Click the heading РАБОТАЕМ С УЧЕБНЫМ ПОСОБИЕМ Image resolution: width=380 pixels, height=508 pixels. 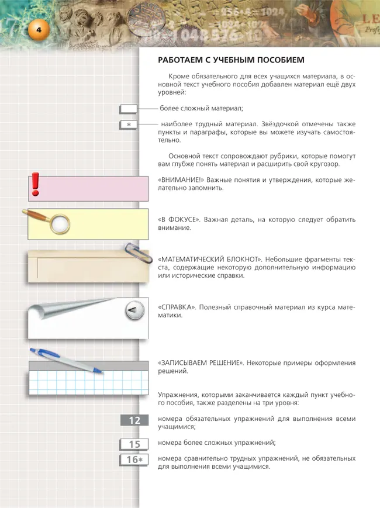point(232,60)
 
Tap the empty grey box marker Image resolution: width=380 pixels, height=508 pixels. point(128,109)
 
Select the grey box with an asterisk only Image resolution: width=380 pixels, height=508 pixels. point(128,125)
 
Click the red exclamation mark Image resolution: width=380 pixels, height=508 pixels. point(36,184)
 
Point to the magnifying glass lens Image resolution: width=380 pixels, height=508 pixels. point(60,223)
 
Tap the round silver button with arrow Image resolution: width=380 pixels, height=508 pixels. point(134,310)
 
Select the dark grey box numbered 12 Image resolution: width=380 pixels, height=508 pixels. point(134,420)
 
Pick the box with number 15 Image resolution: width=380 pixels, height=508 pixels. point(134,444)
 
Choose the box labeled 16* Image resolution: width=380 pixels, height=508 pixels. point(134,459)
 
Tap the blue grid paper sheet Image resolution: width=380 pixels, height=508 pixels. point(88,383)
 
